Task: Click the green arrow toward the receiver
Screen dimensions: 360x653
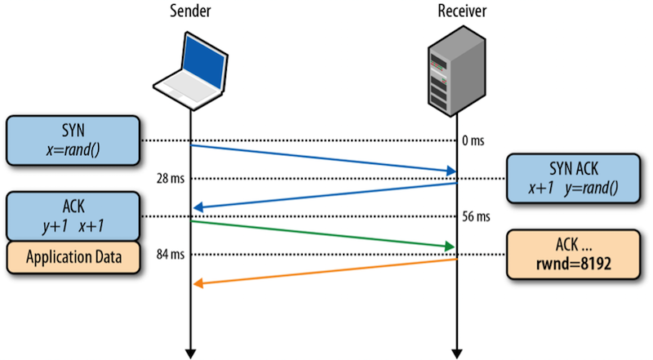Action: pyautogui.click(x=322, y=233)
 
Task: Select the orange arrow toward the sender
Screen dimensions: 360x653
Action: pyautogui.click(x=322, y=272)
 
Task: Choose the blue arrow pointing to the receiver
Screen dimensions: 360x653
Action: pyautogui.click(x=322, y=158)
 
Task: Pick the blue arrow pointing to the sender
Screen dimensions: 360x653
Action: pyautogui.click(x=322, y=196)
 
